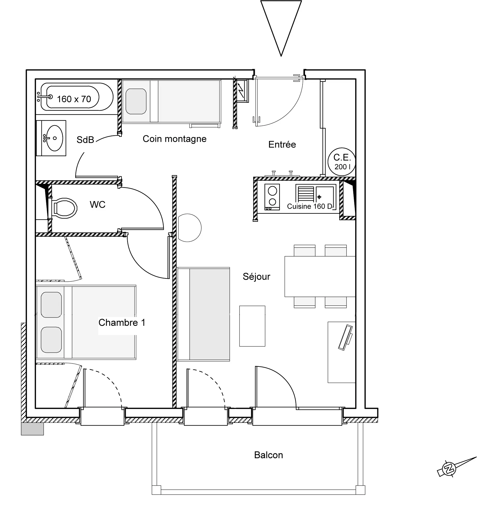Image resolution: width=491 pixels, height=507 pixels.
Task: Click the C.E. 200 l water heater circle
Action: pyautogui.click(x=342, y=162)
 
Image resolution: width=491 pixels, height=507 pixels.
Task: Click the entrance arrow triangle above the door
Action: pyautogui.click(x=281, y=28)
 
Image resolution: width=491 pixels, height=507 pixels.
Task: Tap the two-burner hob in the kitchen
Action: pyautogui.click(x=272, y=197)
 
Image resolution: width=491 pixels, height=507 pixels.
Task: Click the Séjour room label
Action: pyautogui.click(x=256, y=276)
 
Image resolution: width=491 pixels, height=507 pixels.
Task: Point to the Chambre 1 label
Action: pyautogui.click(x=122, y=323)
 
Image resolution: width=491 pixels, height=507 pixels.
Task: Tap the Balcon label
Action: pyautogui.click(x=268, y=455)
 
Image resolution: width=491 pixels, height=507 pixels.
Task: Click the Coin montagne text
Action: pyautogui.click(x=174, y=139)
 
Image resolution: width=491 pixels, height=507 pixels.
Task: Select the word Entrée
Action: pyautogui.click(x=282, y=144)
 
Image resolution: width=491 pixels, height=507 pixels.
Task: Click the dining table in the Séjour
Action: pyautogui.click(x=320, y=276)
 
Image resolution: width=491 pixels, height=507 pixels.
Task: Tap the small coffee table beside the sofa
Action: pyautogui.click(x=252, y=326)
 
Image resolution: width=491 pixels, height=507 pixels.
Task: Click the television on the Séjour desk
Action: pyautogui.click(x=346, y=338)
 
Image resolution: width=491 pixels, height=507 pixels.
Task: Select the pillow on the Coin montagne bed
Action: pyautogui.click(x=136, y=101)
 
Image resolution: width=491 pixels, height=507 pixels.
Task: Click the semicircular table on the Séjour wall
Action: pyautogui.click(x=190, y=228)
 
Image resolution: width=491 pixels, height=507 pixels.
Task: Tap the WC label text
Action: pyautogui.click(x=98, y=205)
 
